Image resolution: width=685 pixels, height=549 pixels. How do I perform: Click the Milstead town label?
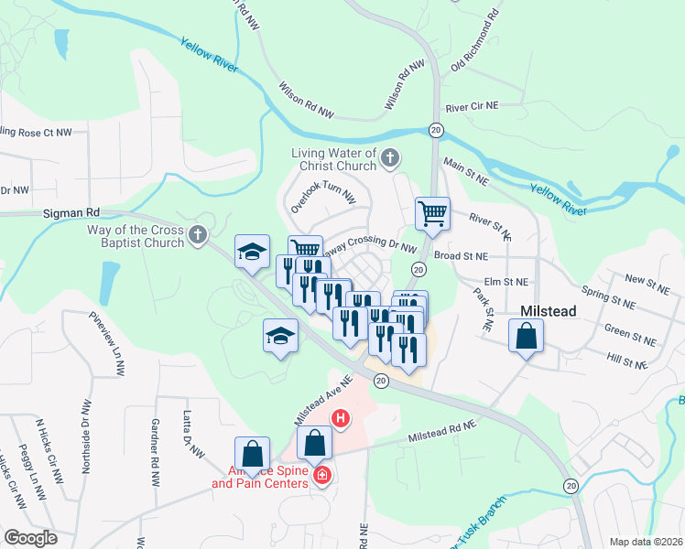548,311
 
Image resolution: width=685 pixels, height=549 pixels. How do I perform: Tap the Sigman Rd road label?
70,211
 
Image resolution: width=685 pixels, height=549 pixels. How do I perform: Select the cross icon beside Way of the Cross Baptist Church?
197,237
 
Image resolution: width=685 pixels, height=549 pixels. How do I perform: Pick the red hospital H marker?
341,419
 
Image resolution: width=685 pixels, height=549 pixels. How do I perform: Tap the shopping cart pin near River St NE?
432,214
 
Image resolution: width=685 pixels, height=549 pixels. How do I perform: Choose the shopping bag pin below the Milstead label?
527,337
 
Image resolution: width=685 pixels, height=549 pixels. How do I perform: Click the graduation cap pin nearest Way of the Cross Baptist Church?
252,253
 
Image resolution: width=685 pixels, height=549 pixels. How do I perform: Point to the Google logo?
31,538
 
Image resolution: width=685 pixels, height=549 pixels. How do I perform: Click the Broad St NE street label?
462,256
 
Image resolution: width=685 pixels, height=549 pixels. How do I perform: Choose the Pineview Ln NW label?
105,344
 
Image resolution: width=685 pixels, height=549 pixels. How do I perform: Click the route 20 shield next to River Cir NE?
436,131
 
